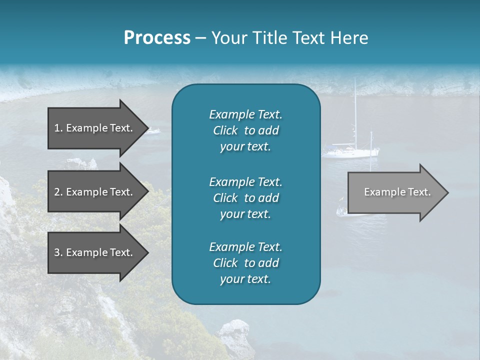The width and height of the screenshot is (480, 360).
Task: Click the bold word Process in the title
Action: tap(157, 38)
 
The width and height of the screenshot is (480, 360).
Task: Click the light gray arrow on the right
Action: tap(395, 192)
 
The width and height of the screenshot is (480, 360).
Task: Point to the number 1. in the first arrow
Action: tap(58, 128)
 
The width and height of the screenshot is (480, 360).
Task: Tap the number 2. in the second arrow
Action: tap(58, 192)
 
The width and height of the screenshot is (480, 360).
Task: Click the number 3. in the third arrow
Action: tap(58, 252)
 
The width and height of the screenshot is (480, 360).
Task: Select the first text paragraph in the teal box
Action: tap(245, 130)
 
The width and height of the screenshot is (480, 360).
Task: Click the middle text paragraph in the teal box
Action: tap(245, 197)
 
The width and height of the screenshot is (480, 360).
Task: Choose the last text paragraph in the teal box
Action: tap(245, 263)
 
